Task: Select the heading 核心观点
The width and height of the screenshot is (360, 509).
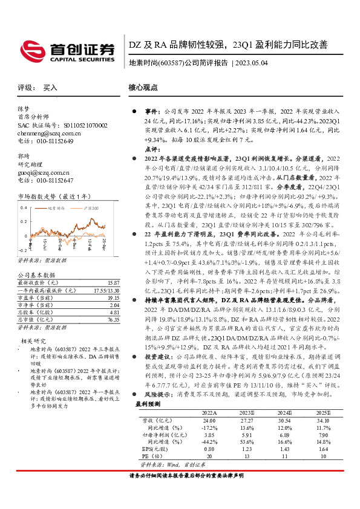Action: (143, 88)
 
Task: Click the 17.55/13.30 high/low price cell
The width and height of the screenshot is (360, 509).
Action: (106, 290)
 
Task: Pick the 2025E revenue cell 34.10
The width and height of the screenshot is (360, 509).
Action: (324, 420)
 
